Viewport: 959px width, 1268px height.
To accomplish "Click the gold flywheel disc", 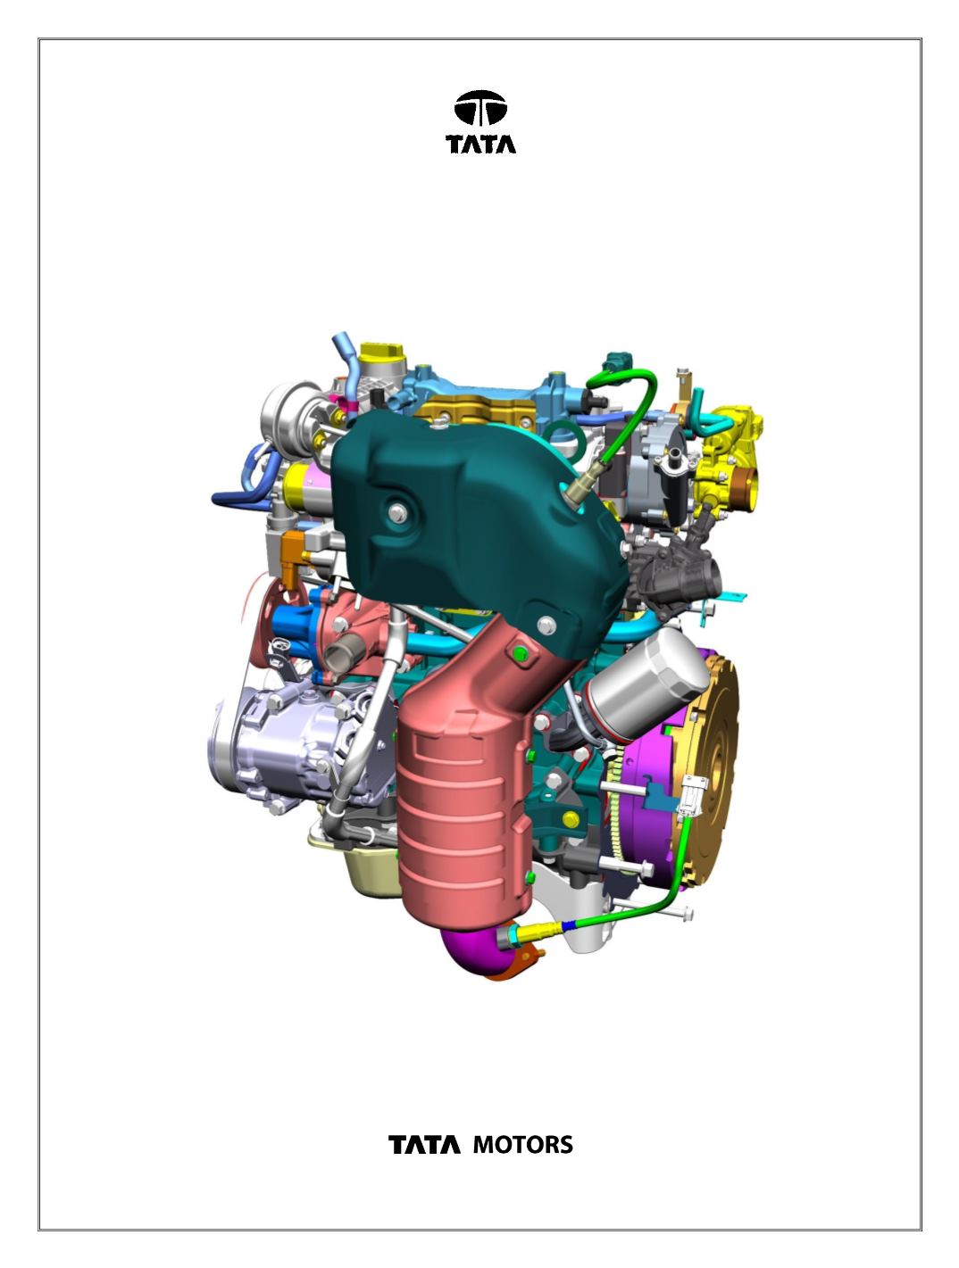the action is [x=712, y=763].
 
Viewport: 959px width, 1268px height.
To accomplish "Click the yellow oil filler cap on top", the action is [x=382, y=352].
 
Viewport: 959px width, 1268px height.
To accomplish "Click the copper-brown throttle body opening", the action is [x=745, y=489].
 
